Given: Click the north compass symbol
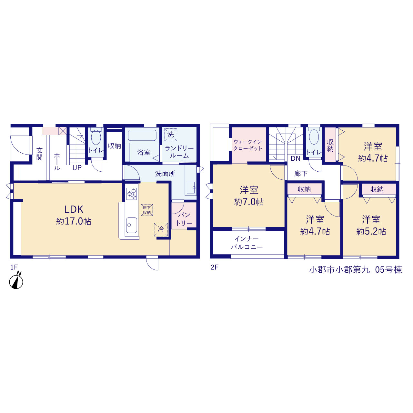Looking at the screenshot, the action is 16,281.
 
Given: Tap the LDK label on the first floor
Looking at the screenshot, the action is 74,209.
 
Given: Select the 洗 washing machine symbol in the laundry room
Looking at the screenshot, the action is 171,135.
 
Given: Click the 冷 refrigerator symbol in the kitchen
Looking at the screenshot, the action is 161,229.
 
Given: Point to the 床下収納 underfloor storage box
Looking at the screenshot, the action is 147,210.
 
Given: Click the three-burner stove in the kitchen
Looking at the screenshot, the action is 131,194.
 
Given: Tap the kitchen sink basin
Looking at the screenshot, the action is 131,225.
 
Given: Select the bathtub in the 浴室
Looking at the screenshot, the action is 142,135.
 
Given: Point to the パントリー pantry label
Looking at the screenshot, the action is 184,219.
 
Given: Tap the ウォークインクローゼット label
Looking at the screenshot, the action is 248,145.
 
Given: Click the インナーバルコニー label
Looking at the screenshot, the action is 247,243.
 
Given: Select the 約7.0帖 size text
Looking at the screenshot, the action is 249,202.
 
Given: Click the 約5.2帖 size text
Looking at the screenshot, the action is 371,232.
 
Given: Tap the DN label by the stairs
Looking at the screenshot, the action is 295,159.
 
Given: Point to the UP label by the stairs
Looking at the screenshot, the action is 77,167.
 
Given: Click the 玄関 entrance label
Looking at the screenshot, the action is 39,154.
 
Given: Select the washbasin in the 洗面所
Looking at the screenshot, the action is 191,188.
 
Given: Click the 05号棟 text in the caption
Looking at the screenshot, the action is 388,270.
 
